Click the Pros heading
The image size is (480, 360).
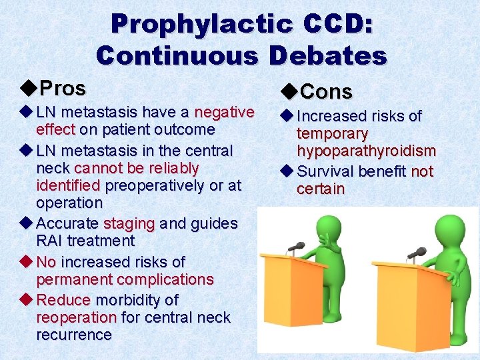coord(62,88)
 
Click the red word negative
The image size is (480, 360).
coord(224,112)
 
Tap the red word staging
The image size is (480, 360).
coord(129,223)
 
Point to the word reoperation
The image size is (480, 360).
coord(77,317)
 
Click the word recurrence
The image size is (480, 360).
coord(74,335)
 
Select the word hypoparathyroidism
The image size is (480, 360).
coord(366,151)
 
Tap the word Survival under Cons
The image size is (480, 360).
coord(325,171)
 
